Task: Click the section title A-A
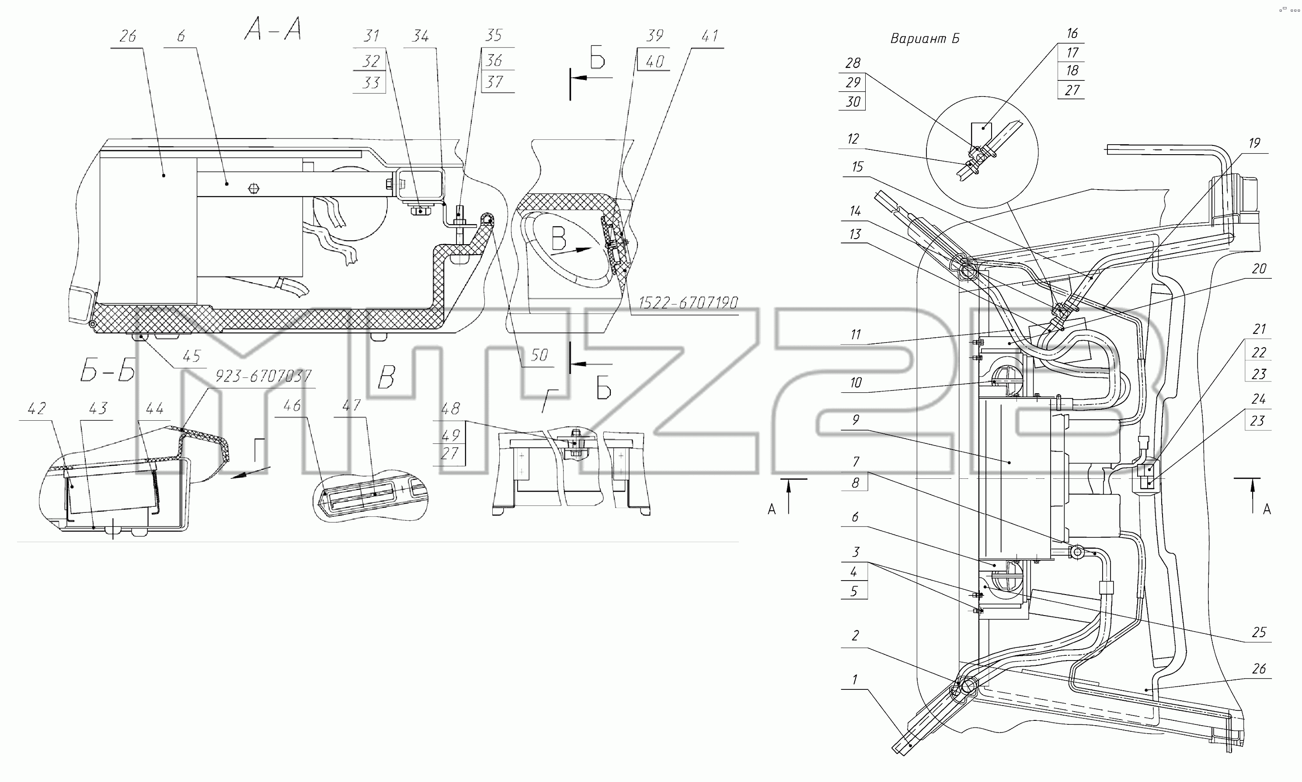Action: click(273, 28)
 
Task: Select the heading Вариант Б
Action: click(924, 38)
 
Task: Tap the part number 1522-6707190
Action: click(688, 302)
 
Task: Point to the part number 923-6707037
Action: click(263, 376)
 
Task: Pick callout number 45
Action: click(191, 356)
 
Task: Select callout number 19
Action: click(1254, 143)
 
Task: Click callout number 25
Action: click(1259, 632)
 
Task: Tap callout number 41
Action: click(710, 36)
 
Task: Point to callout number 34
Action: click(420, 36)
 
